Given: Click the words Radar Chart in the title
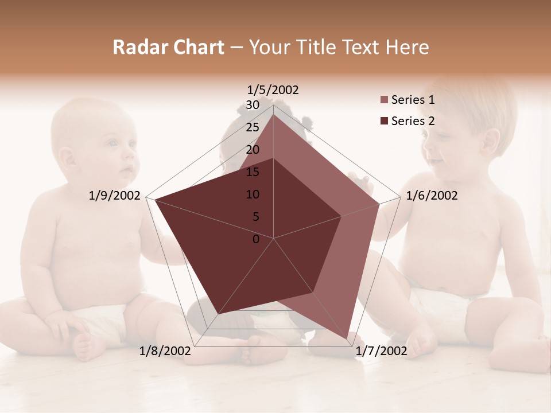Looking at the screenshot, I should pyautogui.click(x=168, y=48).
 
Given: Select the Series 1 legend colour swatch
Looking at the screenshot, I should pyautogui.click(x=384, y=100).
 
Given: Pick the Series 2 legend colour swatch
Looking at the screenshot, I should pyautogui.click(x=384, y=121).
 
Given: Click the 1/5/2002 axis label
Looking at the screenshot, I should pyautogui.click(x=273, y=89).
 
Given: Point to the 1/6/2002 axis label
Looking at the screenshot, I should pyautogui.click(x=432, y=196).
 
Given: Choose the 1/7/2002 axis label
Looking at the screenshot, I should pyautogui.click(x=381, y=351).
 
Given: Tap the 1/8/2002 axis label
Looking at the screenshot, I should pyautogui.click(x=165, y=351).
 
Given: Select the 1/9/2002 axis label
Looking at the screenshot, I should pyautogui.click(x=115, y=196).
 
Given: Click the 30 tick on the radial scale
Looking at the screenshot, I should pyautogui.click(x=252, y=105).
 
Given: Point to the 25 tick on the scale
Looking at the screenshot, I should pyautogui.click(x=252, y=127).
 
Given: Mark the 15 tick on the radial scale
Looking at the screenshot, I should pyautogui.click(x=252, y=172).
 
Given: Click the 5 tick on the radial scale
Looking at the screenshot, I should pyautogui.click(x=255, y=217).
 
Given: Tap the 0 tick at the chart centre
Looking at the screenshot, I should pyautogui.click(x=256, y=239).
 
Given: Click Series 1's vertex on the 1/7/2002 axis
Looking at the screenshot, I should pyautogui.click(x=347, y=339).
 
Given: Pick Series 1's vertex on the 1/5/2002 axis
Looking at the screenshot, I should pyautogui.click(x=273, y=114).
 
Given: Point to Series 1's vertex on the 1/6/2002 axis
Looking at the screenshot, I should pyautogui.click(x=379, y=204).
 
